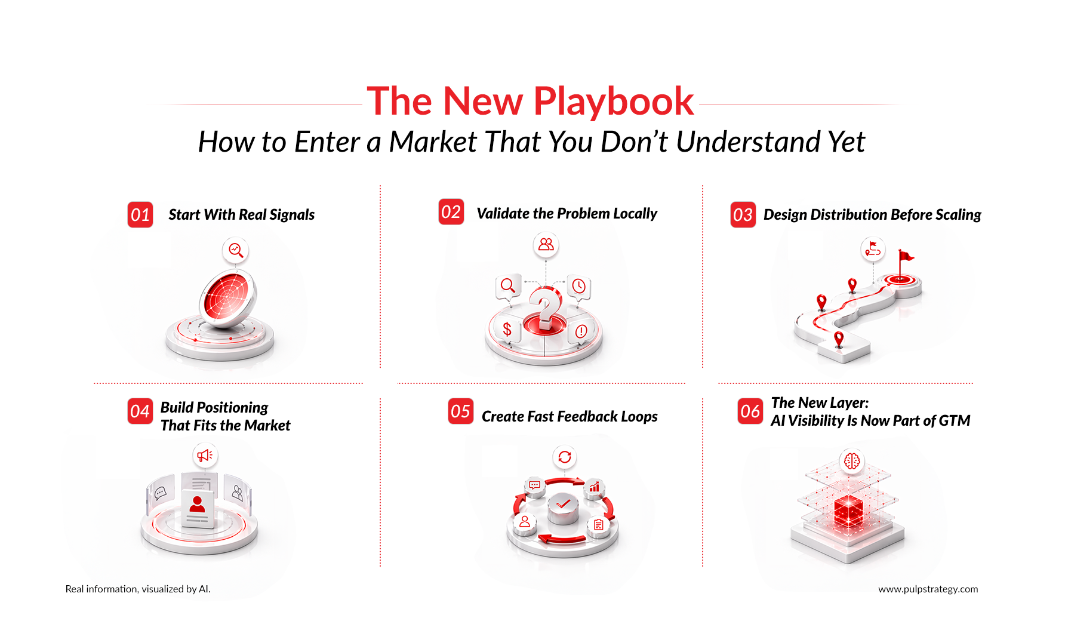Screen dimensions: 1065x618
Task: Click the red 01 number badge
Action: coord(140,215)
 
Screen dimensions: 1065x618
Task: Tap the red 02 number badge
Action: coord(451,211)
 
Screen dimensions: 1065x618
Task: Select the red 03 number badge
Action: coord(743,215)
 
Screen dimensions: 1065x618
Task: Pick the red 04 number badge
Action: coord(140,411)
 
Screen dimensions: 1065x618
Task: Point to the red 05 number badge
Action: coord(461,411)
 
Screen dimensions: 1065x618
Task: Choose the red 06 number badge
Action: coord(750,411)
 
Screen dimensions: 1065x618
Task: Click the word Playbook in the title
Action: coord(614,102)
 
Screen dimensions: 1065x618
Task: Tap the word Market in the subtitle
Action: coord(433,142)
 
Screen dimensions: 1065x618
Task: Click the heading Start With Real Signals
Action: coord(242,215)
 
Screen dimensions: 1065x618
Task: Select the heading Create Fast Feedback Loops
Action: coord(570,416)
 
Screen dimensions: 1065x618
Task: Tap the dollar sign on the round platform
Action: coord(507,329)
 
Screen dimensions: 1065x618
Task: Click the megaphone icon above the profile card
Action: coord(205,456)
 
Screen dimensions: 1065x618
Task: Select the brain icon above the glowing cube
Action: coord(852,461)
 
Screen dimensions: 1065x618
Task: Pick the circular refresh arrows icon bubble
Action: coord(565,457)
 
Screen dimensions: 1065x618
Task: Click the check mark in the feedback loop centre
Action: coord(563,505)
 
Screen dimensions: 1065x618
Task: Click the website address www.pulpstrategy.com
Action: coord(928,589)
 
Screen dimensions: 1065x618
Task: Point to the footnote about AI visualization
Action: coord(138,589)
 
